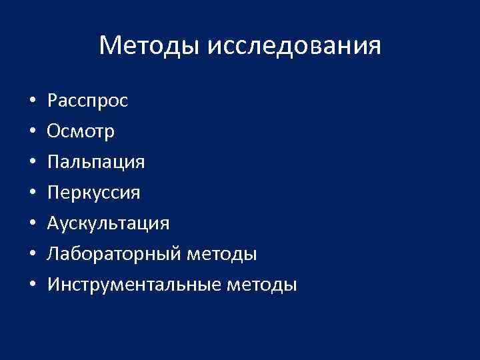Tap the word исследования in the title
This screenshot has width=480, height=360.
[x=295, y=46]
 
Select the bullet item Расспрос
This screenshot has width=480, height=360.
[x=87, y=101]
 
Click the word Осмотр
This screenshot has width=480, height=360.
[x=81, y=132]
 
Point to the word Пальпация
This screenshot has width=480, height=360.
[x=96, y=163]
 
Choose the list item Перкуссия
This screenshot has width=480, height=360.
[x=94, y=193]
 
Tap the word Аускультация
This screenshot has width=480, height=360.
[x=108, y=223]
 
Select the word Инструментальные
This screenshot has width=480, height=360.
[x=135, y=285]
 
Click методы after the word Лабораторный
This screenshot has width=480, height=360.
[x=223, y=255]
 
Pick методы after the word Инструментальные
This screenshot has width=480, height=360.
[x=263, y=285]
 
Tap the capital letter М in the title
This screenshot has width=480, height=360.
[x=109, y=46]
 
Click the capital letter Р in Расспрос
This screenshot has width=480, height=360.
[x=52, y=101]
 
